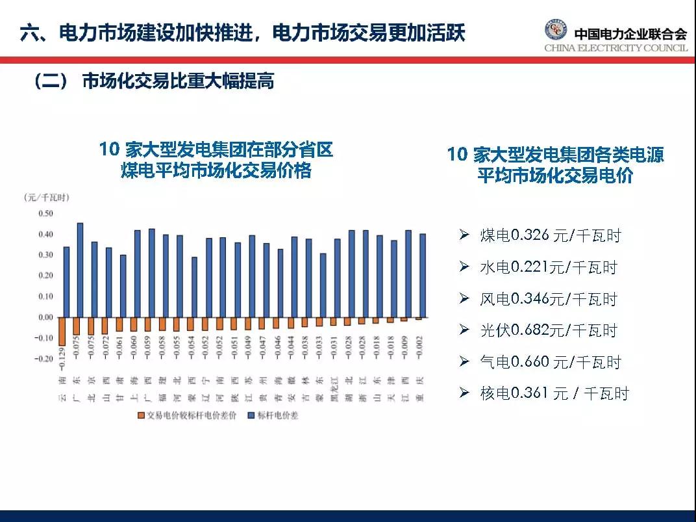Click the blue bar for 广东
pyautogui.click(x=80, y=270)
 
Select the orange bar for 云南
pyautogui.click(x=62, y=331)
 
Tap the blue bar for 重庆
pyautogui.click(x=423, y=276)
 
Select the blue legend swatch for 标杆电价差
pyautogui.click(x=251, y=415)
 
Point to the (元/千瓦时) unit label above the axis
pyautogui.click(x=46, y=197)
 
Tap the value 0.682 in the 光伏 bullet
pyautogui.click(x=530, y=330)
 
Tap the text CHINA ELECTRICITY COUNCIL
pyautogui.click(x=615, y=48)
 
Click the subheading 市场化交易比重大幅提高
pyautogui.click(x=178, y=82)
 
